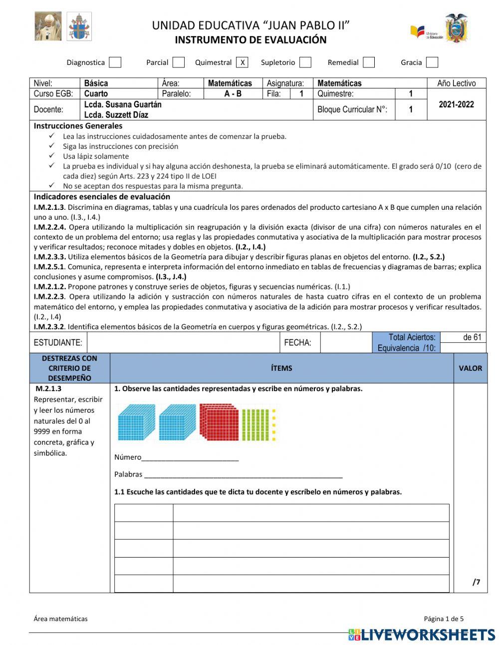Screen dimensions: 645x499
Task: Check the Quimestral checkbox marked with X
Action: pos(242,62)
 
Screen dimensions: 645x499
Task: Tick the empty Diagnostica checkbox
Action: pos(115,62)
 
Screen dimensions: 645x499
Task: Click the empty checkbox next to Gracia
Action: pos(432,62)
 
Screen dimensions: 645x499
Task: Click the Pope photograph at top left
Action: pos(48,26)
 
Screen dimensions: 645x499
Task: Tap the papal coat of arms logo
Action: pos(79,26)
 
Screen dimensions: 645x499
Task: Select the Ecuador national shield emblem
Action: pos(456,28)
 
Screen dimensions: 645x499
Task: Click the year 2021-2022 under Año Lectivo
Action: pos(456,104)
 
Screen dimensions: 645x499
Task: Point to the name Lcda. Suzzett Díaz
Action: pos(116,115)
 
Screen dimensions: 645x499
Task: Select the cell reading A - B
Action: pos(233,93)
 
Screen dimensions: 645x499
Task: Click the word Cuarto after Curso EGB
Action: pos(96,93)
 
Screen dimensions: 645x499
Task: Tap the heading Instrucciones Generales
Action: pos(78,126)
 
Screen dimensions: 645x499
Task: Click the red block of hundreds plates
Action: pos(219,422)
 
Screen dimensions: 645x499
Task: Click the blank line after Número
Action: pos(190,458)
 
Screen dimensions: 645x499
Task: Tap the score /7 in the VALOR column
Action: pos(476,582)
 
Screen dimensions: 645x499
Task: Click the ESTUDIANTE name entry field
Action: pos(183,343)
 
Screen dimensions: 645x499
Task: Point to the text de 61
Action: pos(472,337)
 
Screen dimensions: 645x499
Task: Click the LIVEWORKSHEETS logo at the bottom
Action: pos(422,635)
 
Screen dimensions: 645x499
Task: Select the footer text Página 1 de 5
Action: pos(444,619)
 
